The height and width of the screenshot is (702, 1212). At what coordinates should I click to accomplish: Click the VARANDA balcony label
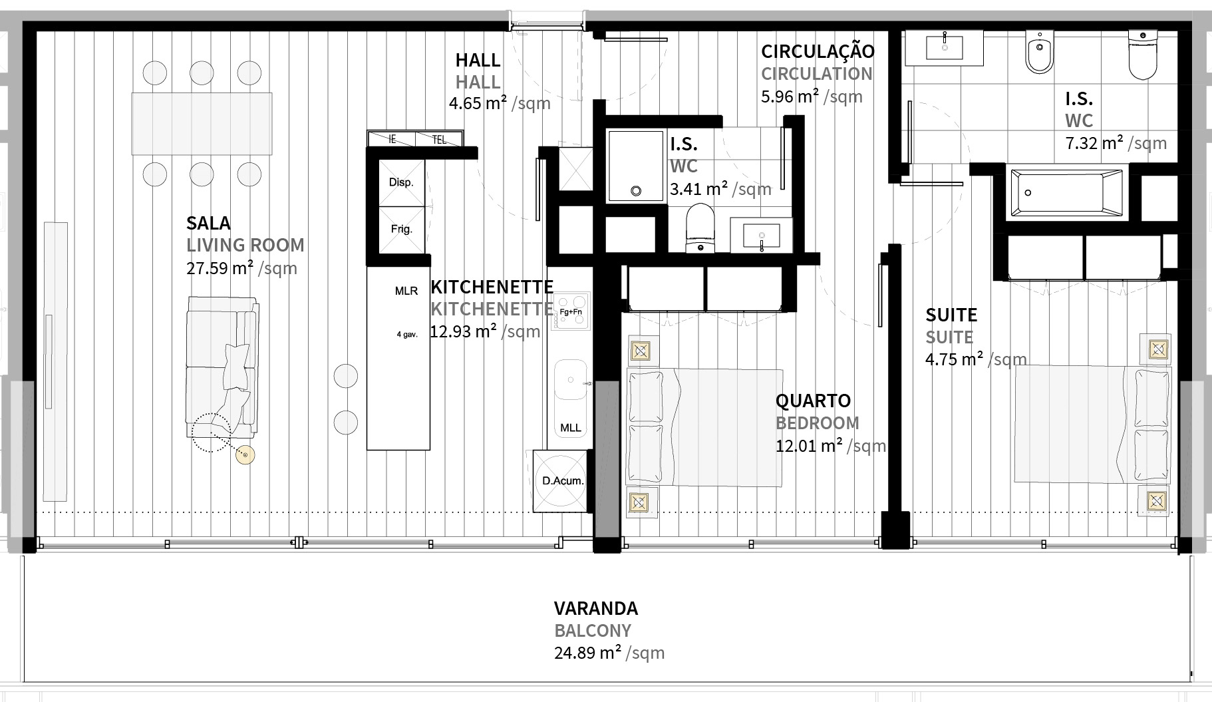point(595,608)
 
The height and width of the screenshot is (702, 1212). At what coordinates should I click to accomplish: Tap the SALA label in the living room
point(208,223)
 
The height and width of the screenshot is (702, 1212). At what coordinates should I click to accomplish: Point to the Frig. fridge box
point(402,229)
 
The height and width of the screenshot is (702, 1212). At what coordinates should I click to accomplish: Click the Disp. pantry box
point(402,182)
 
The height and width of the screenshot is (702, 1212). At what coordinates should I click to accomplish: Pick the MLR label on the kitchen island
point(406,291)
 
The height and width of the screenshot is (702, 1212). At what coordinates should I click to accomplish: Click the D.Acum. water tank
point(562,481)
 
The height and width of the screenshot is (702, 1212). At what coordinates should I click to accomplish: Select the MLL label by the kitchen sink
point(570,428)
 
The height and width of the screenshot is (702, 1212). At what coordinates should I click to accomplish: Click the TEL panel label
point(439,140)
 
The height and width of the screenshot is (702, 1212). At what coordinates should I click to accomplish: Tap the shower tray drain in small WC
point(636,191)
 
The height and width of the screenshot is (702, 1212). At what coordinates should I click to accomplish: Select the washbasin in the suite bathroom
point(945,47)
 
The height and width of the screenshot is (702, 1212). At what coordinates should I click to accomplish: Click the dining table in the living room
point(202,123)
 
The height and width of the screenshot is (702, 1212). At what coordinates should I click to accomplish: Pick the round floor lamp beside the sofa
point(245,454)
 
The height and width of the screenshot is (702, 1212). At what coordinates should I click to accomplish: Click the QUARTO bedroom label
point(813,401)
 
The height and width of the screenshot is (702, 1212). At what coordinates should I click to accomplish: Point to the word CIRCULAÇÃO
point(818,51)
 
